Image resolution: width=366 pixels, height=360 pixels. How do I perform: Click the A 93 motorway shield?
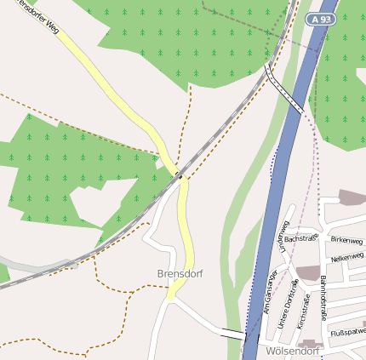click(321, 19)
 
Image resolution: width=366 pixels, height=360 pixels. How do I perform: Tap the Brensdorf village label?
click(179, 273)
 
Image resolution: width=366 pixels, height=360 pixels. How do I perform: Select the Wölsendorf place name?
click(292, 351)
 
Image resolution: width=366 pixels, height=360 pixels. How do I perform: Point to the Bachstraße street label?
click(300, 239)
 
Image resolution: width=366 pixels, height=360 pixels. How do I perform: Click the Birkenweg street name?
click(346, 240)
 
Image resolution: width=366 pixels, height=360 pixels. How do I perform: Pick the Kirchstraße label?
click(305, 311)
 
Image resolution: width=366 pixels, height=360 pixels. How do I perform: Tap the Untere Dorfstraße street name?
click(291, 299)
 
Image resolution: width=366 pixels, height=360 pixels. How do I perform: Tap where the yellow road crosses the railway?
click(179, 174)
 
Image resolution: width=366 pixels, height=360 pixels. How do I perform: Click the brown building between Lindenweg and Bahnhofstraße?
click(307, 272)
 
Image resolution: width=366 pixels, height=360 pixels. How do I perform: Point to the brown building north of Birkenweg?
click(352, 197)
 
